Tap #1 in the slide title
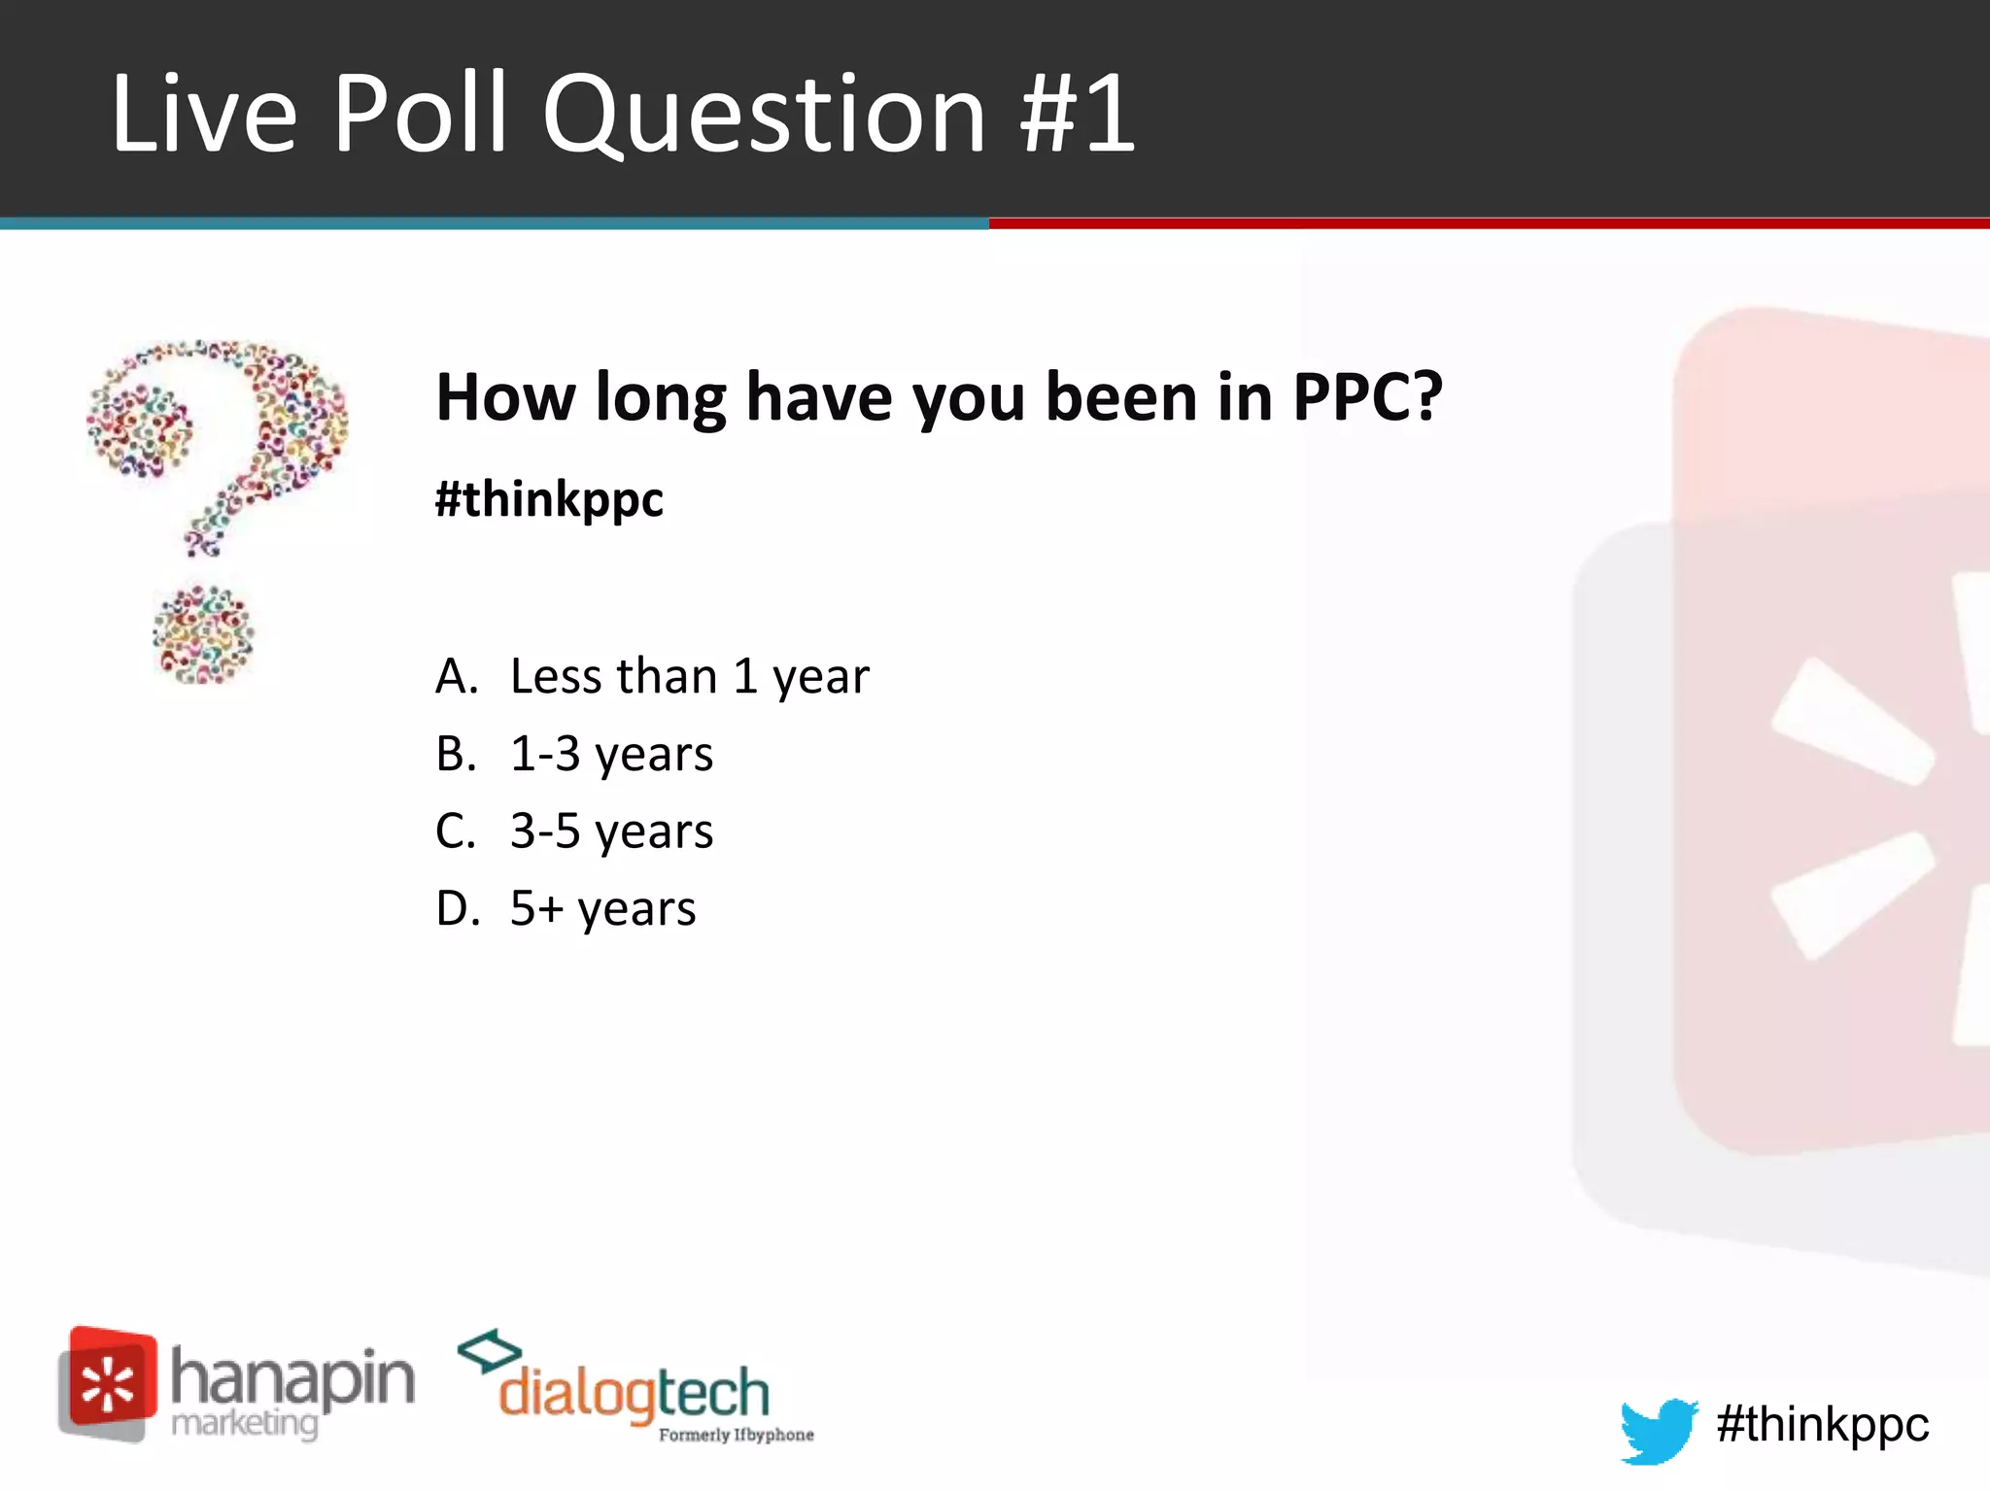(1078, 115)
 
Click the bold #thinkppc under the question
(549, 499)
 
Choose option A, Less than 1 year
(689, 676)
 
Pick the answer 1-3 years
(611, 754)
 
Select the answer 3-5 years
(611, 831)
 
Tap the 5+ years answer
(602, 909)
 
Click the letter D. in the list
(458, 909)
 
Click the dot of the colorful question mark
(203, 635)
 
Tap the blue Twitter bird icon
(1658, 1429)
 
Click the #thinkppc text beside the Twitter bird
(1822, 1425)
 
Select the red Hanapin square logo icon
(108, 1382)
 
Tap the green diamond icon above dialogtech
(489, 1351)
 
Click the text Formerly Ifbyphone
(736, 1435)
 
